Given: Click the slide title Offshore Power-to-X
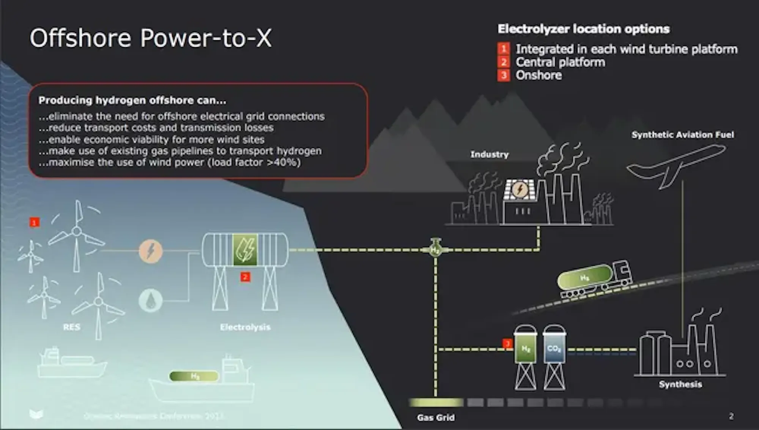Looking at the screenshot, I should (151, 38).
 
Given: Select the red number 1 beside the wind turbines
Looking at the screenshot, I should (35, 222).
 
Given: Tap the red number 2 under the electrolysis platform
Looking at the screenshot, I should (245, 277).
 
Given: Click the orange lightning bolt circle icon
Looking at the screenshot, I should (151, 251).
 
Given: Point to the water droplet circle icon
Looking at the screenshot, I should (151, 301).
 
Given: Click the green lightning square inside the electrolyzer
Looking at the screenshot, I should (245, 250).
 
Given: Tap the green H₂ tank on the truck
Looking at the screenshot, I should (585, 278).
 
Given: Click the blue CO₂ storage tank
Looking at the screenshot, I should (554, 348).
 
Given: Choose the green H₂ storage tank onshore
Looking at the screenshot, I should (525, 348).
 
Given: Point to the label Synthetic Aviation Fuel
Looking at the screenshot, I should (682, 135).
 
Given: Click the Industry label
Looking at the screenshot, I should (489, 154).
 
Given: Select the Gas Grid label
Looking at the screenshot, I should (436, 417).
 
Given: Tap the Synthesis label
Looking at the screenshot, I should (680, 384).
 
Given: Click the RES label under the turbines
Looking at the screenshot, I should (72, 327).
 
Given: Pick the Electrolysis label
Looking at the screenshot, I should (245, 327).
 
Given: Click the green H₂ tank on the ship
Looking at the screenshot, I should (194, 376).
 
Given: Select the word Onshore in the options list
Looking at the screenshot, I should (539, 75).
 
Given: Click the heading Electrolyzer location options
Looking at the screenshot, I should (583, 29).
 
